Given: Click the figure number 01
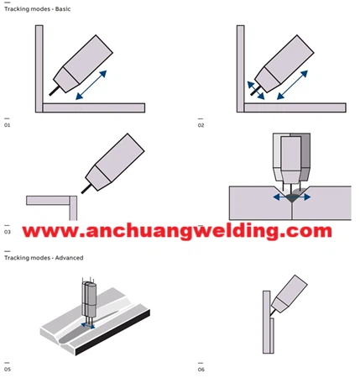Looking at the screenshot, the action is [x=7, y=125].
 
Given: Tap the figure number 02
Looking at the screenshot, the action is [x=201, y=125].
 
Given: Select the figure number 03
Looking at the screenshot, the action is [x=8, y=232].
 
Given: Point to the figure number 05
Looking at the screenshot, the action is [x=8, y=370].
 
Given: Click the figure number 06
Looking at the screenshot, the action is [x=201, y=370].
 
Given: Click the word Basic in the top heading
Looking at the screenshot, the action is [x=63, y=9].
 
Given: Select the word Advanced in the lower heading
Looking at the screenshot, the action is [x=69, y=258].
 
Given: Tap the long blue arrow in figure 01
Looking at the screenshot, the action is [x=91, y=85].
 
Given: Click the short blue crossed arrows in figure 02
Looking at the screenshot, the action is [x=256, y=91].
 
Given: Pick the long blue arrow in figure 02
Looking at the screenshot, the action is [x=292, y=85].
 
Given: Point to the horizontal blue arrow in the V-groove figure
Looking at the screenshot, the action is [x=292, y=197].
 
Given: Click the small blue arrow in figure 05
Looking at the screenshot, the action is [x=88, y=325].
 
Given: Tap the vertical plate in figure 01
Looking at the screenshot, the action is [x=39, y=69].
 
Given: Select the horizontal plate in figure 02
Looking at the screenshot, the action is [x=295, y=108].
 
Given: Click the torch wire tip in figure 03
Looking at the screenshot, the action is [x=82, y=192].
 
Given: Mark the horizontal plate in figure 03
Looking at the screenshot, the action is [x=48, y=201].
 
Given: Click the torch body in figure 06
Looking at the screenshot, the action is [x=290, y=293].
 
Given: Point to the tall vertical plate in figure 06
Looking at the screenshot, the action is [x=267, y=322].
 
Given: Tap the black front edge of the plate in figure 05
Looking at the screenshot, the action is [x=112, y=333].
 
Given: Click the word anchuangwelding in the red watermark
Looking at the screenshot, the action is [x=181, y=231].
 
